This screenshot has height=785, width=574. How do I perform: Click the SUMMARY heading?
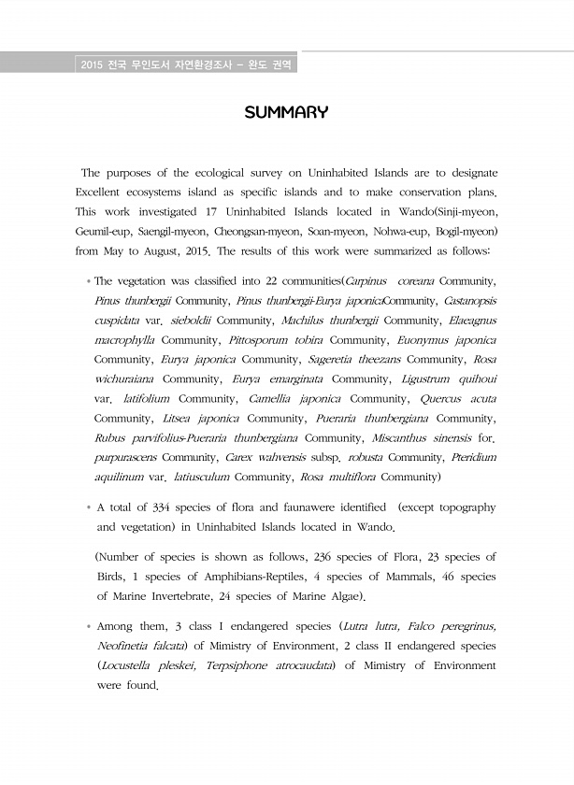[x=286, y=114]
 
